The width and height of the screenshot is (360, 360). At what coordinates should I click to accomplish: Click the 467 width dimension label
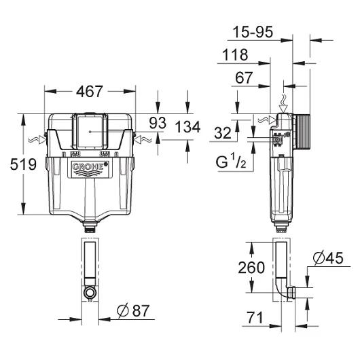[89, 92]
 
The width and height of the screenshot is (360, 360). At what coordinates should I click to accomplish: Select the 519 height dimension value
[23, 164]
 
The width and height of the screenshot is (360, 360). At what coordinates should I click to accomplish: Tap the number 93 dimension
[158, 123]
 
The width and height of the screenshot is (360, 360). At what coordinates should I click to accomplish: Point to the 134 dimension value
[187, 127]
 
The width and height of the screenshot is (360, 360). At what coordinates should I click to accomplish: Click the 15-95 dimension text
[253, 32]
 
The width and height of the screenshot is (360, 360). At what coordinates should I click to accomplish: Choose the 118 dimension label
[235, 54]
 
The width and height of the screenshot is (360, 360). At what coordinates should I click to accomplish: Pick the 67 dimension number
[244, 77]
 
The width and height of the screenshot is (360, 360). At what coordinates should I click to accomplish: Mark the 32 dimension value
[223, 132]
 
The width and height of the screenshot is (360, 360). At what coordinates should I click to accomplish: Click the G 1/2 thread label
[231, 161]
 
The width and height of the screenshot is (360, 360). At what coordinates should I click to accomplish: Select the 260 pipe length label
[251, 268]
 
